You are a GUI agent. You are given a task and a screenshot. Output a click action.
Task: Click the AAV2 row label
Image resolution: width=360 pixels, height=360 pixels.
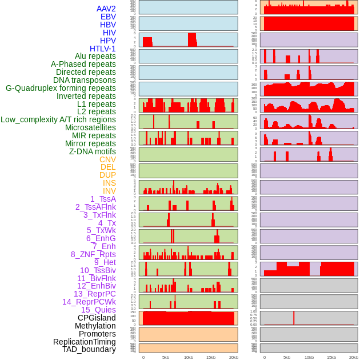[106, 9]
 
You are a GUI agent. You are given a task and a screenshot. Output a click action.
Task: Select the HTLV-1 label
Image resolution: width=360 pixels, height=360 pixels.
[102, 49]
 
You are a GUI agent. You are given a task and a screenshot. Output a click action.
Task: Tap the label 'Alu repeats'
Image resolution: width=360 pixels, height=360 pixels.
[95, 56]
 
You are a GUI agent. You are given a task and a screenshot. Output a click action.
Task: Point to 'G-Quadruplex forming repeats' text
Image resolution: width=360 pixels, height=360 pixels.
[61, 88]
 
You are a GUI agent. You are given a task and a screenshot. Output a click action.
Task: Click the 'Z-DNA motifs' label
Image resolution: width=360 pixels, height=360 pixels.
[92, 151]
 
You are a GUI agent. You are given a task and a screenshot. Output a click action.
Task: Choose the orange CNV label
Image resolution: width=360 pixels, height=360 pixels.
[107, 159]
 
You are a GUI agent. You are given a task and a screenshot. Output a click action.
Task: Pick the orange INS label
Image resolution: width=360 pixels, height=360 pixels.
[109, 183]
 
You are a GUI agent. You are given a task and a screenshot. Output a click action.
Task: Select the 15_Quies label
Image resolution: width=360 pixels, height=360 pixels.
[98, 310]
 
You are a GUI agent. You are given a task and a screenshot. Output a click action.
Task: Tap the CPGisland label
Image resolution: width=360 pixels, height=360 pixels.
[97, 318]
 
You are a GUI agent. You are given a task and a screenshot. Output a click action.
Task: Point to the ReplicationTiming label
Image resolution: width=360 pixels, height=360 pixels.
[84, 342]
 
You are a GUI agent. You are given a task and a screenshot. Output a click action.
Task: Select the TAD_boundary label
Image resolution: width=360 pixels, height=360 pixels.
[89, 349]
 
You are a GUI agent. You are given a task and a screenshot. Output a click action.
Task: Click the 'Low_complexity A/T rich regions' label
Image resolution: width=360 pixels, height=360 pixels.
[58, 119]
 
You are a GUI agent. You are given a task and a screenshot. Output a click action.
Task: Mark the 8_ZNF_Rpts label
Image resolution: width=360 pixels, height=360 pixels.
[93, 254]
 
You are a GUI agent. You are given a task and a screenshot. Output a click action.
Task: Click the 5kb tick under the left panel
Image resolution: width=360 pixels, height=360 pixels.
[166, 357]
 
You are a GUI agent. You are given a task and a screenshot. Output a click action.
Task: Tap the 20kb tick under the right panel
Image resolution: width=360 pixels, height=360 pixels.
[354, 357]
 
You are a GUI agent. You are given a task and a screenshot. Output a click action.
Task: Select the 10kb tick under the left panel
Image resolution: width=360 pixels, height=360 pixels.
[188, 357]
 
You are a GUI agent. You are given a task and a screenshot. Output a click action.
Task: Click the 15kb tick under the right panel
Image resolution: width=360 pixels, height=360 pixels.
[331, 357]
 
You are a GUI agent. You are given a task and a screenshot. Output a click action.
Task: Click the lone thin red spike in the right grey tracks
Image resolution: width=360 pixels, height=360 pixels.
[294, 318]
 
